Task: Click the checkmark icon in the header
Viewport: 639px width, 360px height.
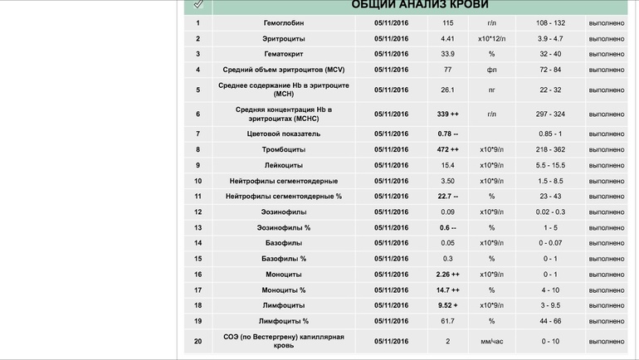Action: [198, 4]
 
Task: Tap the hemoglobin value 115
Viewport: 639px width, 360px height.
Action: [448, 23]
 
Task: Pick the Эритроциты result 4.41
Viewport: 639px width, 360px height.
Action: [448, 39]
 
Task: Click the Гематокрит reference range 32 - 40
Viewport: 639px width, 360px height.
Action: [549, 55]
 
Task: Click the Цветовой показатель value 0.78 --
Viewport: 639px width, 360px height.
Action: [448, 134]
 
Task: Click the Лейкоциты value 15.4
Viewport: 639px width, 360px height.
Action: [448, 165]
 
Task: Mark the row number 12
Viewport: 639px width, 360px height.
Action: [198, 212]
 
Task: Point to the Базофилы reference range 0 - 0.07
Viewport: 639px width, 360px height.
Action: [549, 243]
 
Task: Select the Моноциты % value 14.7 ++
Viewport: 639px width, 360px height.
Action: [448, 290]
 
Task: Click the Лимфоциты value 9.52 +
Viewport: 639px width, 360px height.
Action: [448, 306]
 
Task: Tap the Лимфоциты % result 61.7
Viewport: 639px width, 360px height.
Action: [448, 321]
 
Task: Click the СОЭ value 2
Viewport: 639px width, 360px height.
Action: [448, 341]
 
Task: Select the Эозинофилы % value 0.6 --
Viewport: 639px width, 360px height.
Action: [448, 227]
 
